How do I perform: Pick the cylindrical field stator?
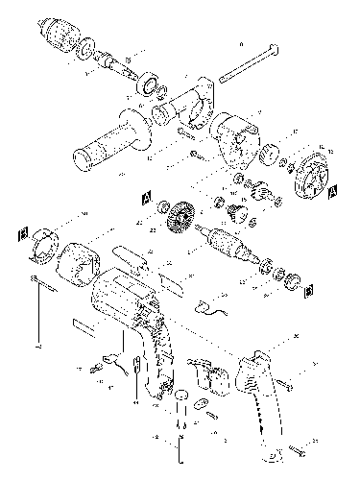pos(79,262)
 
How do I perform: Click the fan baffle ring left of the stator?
pos(42,246)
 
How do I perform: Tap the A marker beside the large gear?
pos(146,199)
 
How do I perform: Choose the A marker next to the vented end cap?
pos(332,192)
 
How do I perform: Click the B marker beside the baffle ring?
pos(21,232)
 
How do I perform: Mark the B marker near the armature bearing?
pos(309,288)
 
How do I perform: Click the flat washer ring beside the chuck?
pos(86,48)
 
